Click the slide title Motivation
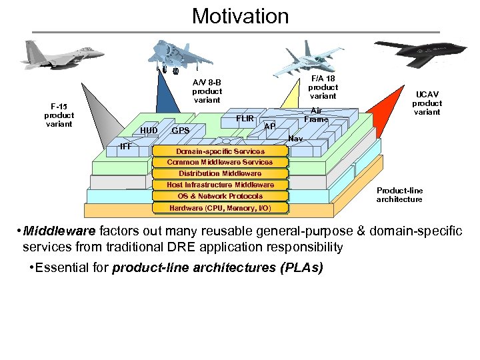click(x=240, y=15)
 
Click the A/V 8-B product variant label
click(x=207, y=91)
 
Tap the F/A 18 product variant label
click(x=323, y=87)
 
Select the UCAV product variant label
click(x=427, y=103)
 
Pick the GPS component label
click(x=180, y=131)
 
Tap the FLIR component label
click(x=245, y=119)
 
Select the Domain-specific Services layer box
click(x=220, y=151)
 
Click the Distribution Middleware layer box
click(x=220, y=173)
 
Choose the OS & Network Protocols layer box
click(x=220, y=196)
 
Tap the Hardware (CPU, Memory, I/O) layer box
click(x=220, y=208)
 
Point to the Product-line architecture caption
click(x=399, y=195)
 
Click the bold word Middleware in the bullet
click(x=61, y=231)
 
